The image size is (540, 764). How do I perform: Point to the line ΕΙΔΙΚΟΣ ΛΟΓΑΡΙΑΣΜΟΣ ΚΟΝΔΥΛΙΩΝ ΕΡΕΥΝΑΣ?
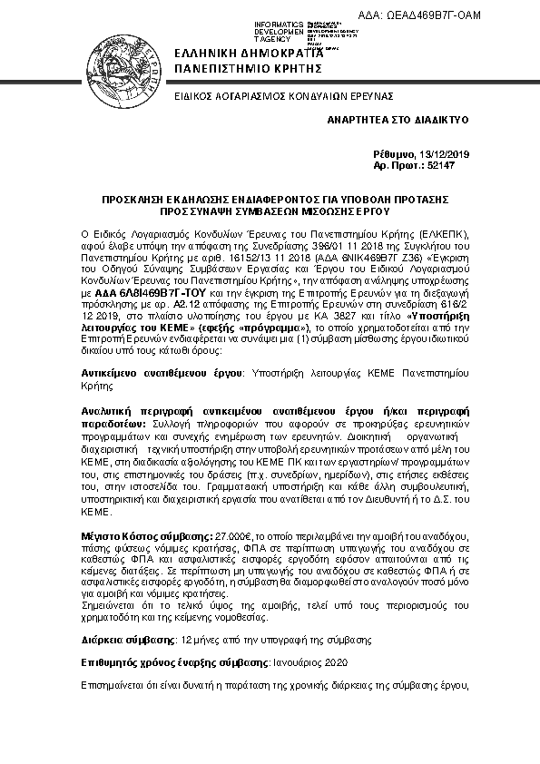270,95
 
